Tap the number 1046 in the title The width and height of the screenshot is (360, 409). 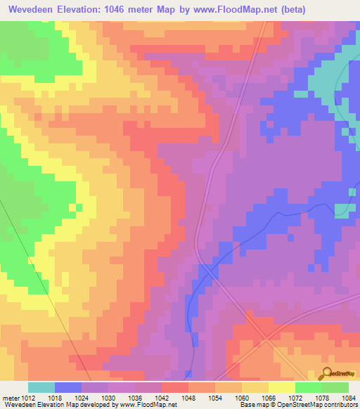(x=122, y=9)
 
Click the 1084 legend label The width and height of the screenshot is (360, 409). (x=348, y=398)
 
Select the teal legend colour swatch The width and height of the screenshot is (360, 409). (x=41, y=387)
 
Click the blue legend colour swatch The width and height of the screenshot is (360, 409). (x=68, y=387)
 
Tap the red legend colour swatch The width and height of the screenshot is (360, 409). (x=175, y=387)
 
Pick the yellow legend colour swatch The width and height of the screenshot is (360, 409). (x=282, y=387)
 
